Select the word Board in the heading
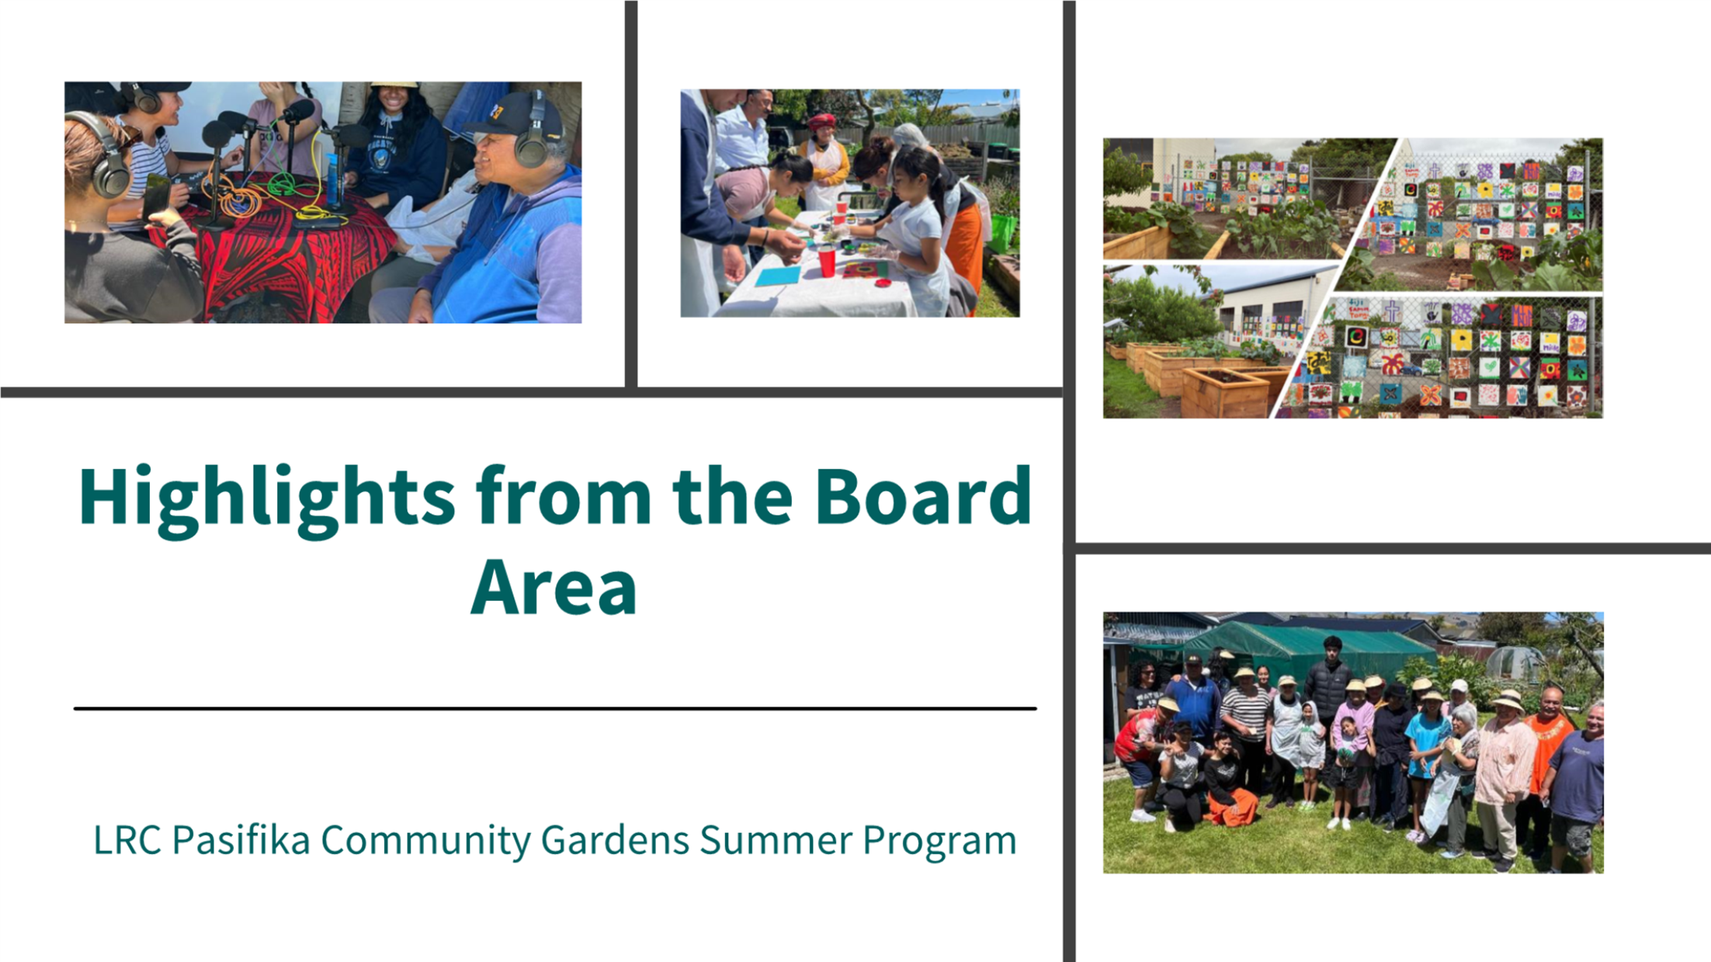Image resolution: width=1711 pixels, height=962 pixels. point(923,495)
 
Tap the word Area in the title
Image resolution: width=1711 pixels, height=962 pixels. point(554,587)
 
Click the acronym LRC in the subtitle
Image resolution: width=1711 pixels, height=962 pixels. point(127,840)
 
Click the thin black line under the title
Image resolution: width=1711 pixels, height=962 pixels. point(555,708)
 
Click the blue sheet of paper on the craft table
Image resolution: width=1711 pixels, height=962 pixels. point(777,276)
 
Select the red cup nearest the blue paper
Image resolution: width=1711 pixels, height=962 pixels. point(827,261)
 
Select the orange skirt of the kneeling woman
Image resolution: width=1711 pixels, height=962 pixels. point(1231,807)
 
